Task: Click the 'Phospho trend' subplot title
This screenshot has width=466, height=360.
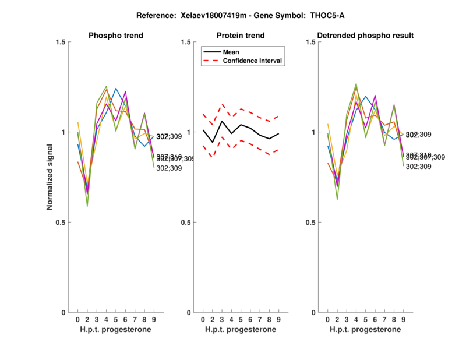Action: pos(116,36)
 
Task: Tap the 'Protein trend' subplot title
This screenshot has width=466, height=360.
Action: pos(241,36)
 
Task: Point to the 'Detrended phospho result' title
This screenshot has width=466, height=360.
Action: pos(366,36)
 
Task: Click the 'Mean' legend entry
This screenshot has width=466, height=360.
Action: pos(231,52)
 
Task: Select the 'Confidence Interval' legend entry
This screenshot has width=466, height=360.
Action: pos(253,61)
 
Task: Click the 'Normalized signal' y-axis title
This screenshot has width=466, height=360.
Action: pos(51,177)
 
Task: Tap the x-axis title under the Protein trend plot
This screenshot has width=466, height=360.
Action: pos(241,330)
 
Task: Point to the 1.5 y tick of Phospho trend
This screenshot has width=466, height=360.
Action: pos(59,42)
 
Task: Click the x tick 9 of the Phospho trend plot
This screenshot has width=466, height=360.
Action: pos(154,319)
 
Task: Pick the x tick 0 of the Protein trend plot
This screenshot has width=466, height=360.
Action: pos(203,319)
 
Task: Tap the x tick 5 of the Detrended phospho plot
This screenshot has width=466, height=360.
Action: pos(365,319)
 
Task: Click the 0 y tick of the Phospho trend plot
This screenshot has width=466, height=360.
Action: pos(62,313)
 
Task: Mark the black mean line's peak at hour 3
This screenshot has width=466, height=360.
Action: pos(222,121)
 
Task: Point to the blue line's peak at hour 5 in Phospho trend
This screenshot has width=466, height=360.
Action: pos(116,89)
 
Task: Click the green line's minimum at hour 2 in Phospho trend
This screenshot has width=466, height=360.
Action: pos(87,206)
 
